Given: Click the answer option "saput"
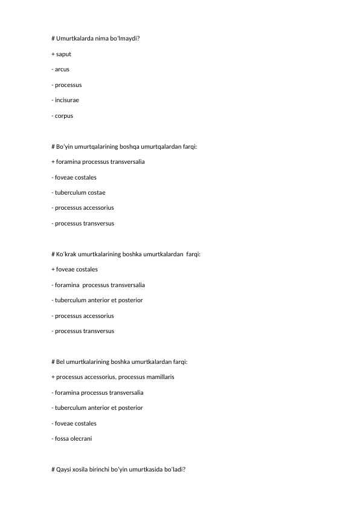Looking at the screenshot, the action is tap(63, 54).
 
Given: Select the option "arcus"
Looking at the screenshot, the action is tap(62, 69).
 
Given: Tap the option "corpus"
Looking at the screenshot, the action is tap(63, 115).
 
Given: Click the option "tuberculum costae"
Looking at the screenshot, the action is tap(80, 192).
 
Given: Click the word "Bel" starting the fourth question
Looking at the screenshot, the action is tap(60, 361).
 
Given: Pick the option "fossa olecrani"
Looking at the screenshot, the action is tap(74, 438).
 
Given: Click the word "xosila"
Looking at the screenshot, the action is tap(83, 469).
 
